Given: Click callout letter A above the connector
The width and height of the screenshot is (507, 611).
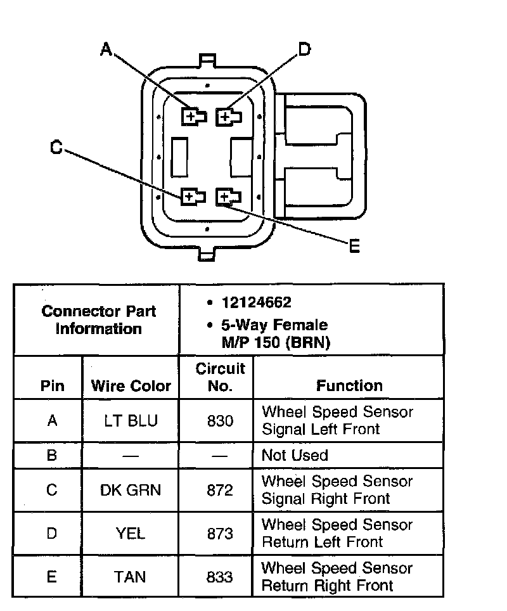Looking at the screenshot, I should pyautogui.click(x=106, y=49).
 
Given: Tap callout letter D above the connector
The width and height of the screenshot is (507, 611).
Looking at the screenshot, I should pyautogui.click(x=305, y=49).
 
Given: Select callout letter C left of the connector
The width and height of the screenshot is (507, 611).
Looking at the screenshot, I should pyautogui.click(x=56, y=147).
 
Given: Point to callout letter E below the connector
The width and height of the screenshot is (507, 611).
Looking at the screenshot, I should pyautogui.click(x=354, y=246).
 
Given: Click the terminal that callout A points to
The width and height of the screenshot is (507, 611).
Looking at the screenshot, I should pyautogui.click(x=192, y=117).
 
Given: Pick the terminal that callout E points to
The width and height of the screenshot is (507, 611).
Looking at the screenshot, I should pyautogui.click(x=226, y=198).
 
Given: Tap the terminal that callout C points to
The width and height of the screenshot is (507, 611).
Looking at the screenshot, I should pyautogui.click(x=191, y=197).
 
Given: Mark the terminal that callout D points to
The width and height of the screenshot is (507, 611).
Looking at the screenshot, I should pyautogui.click(x=227, y=117).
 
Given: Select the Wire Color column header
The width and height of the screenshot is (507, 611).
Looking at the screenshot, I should pyautogui.click(x=131, y=385).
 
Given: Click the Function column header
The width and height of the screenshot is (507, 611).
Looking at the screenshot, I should pyautogui.click(x=349, y=385).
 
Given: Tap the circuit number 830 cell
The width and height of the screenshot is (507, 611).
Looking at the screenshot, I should pyautogui.click(x=220, y=420).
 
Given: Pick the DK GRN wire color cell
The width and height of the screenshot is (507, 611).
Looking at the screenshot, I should pyautogui.click(x=131, y=490).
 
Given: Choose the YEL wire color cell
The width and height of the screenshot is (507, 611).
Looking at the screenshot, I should pyautogui.click(x=131, y=533).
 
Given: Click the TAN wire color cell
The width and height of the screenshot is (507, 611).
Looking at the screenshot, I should pyautogui.click(x=131, y=576).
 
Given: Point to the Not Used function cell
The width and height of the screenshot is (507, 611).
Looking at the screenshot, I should pyautogui.click(x=295, y=455).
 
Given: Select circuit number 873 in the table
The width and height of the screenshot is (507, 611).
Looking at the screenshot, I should pyautogui.click(x=220, y=533).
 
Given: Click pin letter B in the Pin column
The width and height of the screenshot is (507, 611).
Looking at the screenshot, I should pyautogui.click(x=52, y=455).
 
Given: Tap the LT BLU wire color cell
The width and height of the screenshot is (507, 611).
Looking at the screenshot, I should pyautogui.click(x=131, y=420).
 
